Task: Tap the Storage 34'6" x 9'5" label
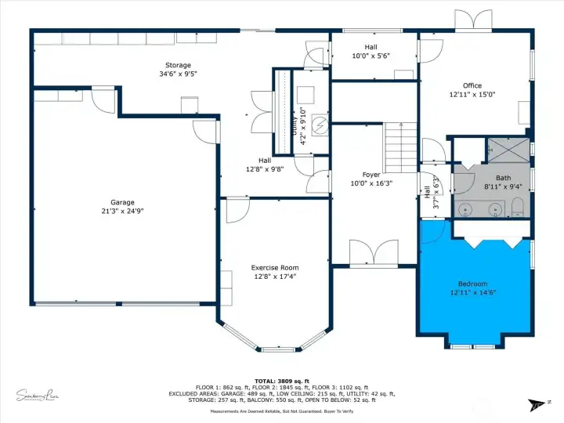172,70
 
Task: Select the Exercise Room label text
274,271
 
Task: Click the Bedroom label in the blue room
472,287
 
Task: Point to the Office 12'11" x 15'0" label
472,90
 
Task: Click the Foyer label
371,179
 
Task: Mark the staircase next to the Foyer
400,148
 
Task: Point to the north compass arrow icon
538,404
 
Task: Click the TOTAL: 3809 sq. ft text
281,380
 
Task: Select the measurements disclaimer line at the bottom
281,408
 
